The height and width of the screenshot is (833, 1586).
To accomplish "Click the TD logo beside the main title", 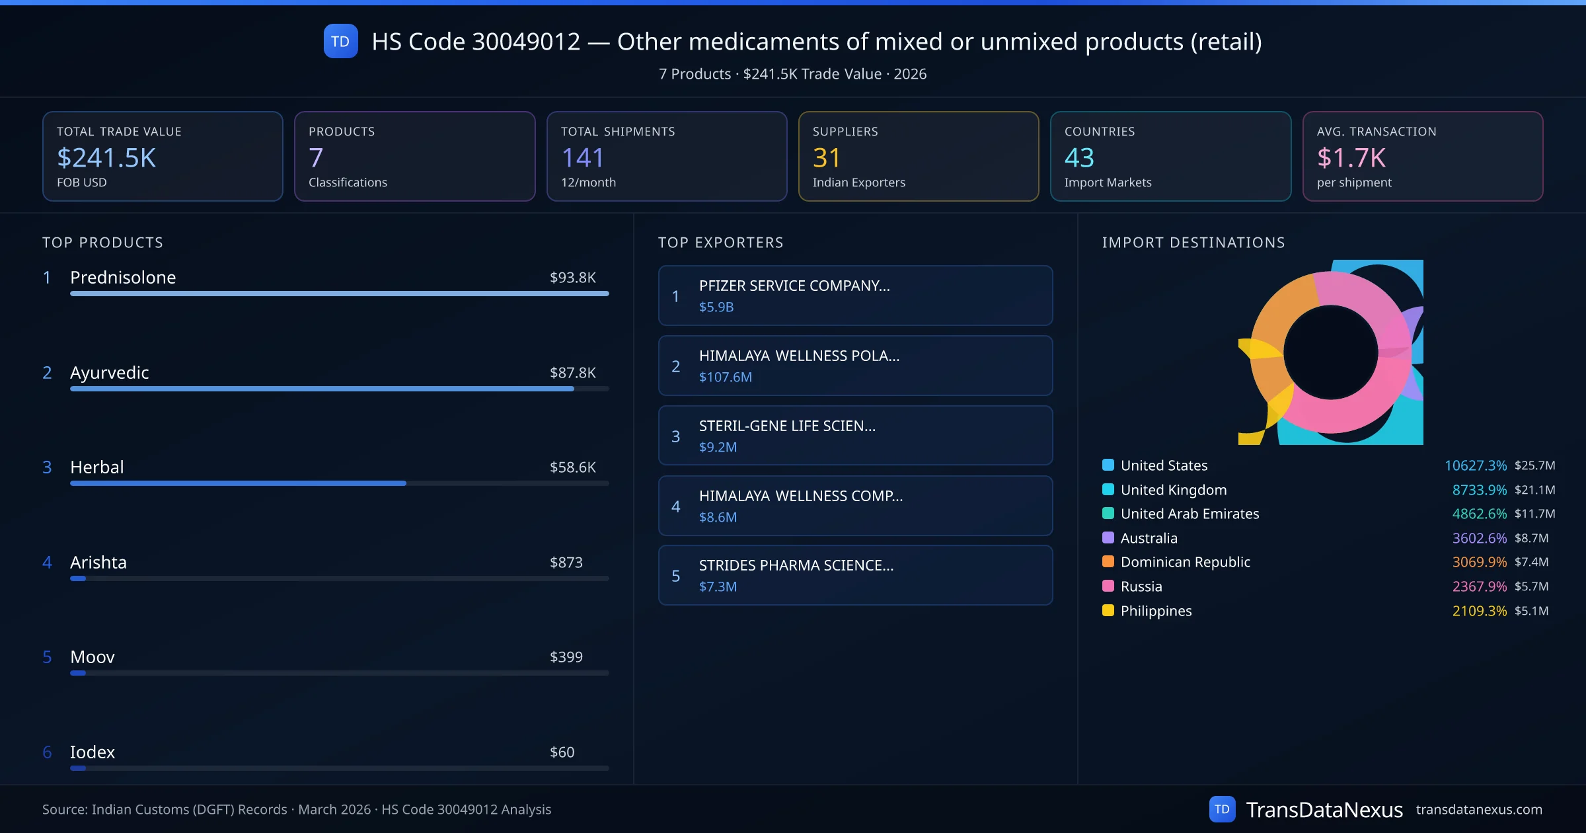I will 340,41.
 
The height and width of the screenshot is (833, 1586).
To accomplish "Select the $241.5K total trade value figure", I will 106,158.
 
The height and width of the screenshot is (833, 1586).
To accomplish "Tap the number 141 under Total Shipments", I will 582,158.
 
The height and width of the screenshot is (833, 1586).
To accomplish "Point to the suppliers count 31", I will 826,158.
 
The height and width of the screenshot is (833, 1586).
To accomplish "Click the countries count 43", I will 1079,158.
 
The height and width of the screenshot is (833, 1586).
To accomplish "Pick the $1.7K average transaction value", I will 1351,158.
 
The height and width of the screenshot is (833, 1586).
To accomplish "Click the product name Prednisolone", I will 123,278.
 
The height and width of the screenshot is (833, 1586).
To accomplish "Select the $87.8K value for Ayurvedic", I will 572,373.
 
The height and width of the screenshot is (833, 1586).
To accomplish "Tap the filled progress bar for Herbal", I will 238,483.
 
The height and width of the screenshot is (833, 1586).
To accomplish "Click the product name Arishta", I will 98,563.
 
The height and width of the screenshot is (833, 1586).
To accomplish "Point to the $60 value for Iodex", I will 562,752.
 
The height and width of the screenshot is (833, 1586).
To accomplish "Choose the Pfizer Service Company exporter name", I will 794,286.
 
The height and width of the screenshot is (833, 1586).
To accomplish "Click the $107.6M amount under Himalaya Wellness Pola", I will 726,377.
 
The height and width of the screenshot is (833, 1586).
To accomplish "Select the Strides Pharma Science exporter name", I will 796,565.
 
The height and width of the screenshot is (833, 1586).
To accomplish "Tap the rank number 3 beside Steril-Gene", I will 675,436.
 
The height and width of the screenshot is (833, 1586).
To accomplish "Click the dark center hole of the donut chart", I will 1330,352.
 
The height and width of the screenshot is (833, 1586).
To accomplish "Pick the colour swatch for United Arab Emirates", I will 1108,514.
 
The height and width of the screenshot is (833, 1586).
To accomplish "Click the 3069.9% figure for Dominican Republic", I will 1479,562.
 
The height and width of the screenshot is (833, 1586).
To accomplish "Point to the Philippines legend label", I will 1156,611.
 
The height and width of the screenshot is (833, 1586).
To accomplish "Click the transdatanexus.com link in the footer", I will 1479,810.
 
